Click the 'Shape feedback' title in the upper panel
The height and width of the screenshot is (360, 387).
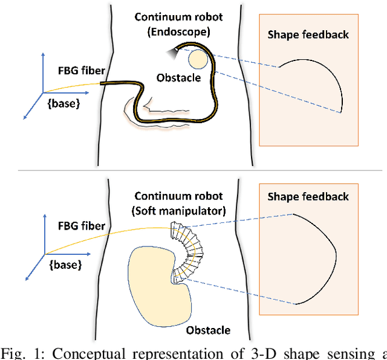pos(308,34)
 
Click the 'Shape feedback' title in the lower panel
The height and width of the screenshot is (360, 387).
pos(308,197)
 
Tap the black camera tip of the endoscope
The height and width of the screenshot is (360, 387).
pos(174,52)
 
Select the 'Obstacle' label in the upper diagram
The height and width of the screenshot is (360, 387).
pos(178,78)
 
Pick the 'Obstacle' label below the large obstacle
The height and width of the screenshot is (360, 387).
pos(208,330)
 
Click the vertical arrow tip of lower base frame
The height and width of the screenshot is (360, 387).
pos(42,213)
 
